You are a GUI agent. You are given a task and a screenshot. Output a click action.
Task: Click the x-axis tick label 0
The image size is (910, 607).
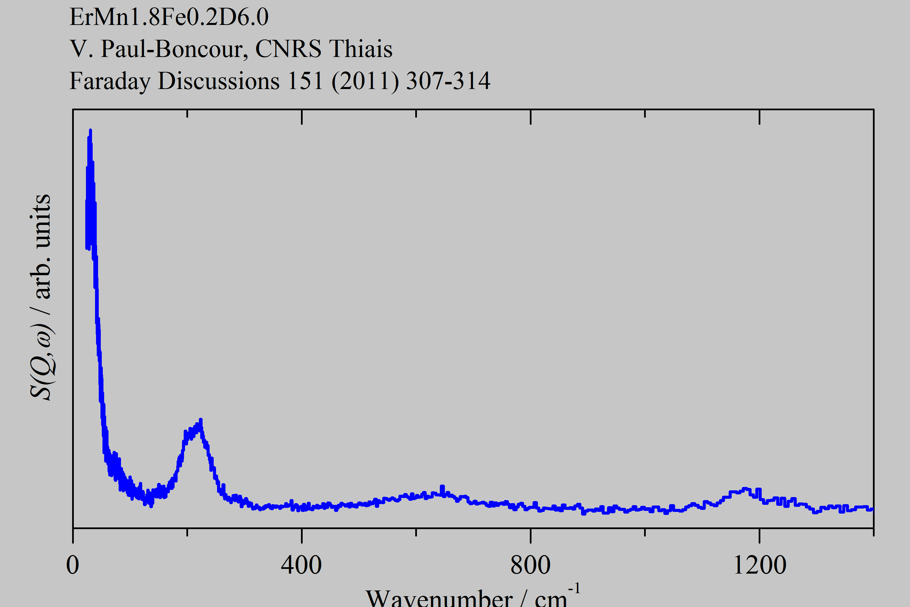click(73, 566)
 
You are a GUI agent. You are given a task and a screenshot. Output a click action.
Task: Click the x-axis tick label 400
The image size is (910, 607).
click(301, 566)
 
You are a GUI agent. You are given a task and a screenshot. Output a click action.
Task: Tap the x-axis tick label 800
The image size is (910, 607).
click(530, 566)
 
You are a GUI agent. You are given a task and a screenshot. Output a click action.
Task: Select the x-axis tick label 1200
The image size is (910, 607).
click(759, 566)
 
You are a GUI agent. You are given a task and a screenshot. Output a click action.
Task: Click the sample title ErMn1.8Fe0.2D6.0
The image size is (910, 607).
click(169, 17)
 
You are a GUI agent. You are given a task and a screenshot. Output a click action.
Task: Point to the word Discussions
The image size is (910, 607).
click(219, 81)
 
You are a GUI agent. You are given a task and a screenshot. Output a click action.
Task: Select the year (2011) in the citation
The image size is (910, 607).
click(365, 81)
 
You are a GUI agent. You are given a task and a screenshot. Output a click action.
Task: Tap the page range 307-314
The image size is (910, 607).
click(448, 81)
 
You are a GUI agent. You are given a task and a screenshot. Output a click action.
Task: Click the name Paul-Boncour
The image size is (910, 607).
click(174, 49)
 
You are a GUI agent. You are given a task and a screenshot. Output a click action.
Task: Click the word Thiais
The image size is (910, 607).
click(361, 49)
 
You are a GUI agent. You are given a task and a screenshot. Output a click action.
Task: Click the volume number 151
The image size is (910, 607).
click(305, 81)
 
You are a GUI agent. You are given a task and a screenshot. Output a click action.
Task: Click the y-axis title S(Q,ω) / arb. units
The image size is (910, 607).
click(41, 297)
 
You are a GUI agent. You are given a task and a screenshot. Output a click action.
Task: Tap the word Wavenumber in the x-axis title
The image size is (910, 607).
click(439, 599)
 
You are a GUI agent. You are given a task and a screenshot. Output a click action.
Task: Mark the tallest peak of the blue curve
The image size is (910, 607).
click(90, 131)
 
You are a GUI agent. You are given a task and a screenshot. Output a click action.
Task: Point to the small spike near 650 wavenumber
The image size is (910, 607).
click(443, 487)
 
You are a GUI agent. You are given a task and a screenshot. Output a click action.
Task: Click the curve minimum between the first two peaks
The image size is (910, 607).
click(151, 505)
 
